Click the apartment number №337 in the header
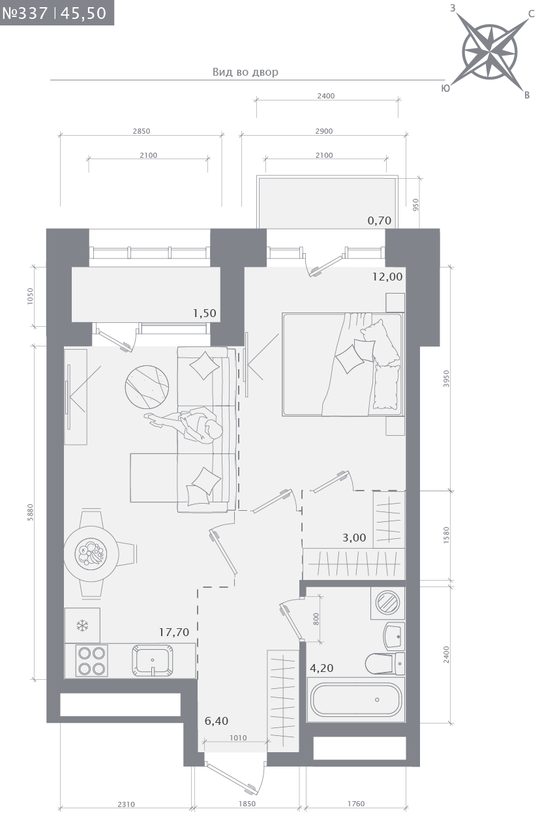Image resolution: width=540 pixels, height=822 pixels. (25, 13)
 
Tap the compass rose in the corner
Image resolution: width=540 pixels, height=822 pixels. (489, 52)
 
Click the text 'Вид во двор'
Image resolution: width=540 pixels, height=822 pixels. (245, 72)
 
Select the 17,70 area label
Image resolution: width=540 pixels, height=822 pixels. (174, 632)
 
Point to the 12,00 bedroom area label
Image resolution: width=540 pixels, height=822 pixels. (387, 277)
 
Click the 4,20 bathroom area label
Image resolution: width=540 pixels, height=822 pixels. (322, 668)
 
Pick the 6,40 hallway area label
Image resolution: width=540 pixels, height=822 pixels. (217, 721)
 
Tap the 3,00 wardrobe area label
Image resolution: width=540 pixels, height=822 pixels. (354, 538)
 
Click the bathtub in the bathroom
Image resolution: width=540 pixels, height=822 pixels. (356, 699)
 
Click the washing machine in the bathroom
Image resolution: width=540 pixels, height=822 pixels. (388, 603)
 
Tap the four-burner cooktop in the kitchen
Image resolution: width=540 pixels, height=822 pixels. (92, 660)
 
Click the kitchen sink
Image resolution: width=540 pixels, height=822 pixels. (153, 660)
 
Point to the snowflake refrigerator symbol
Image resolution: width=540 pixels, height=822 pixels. (83, 626)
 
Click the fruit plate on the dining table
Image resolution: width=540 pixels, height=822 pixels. (91, 553)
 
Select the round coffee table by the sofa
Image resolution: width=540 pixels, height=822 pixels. (147, 387)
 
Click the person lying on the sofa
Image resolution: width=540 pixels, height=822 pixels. (184, 425)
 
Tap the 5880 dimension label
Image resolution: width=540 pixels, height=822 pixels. (31, 512)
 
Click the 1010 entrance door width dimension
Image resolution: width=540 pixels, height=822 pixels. (238, 738)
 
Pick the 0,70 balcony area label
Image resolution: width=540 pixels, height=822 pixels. (380, 221)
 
